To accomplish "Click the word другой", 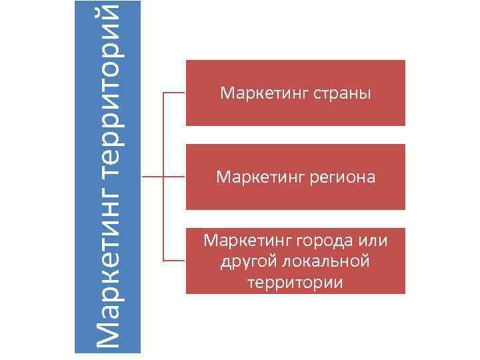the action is tap(247, 260).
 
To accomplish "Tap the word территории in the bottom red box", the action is tap(295, 282).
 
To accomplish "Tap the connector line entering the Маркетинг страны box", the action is tap(174, 93).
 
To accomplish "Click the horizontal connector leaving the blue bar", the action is tap(152, 177).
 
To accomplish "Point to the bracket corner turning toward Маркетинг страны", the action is tap(163, 93).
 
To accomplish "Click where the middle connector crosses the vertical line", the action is tap(163, 177).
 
